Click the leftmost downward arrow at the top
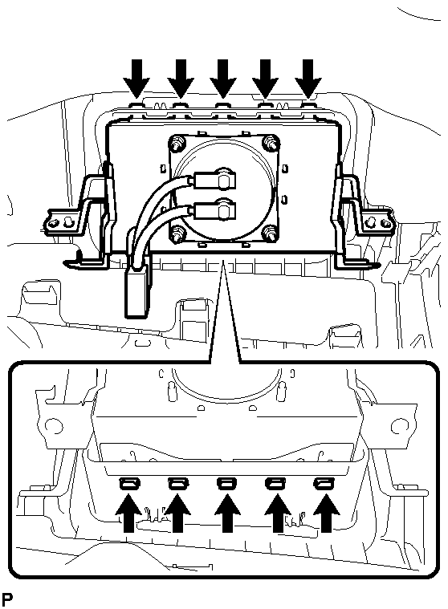click(x=136, y=78)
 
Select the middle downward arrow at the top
click(x=222, y=78)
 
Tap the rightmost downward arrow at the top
click(x=308, y=78)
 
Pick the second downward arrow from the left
click(x=181, y=78)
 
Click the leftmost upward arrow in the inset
click(x=128, y=512)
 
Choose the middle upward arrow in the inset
click(x=228, y=512)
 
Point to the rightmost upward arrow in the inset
click(x=327, y=512)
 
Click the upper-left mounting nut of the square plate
click(x=177, y=143)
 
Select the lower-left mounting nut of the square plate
click(x=178, y=233)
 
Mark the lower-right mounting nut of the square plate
click(x=271, y=233)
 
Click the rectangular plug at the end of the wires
click(x=136, y=294)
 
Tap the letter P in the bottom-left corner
click(x=6, y=599)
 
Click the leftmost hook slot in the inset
click(x=130, y=484)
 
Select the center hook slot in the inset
click(x=227, y=484)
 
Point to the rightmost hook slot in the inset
click(x=324, y=484)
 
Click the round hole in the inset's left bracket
click(x=54, y=426)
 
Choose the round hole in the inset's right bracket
click(x=398, y=426)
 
